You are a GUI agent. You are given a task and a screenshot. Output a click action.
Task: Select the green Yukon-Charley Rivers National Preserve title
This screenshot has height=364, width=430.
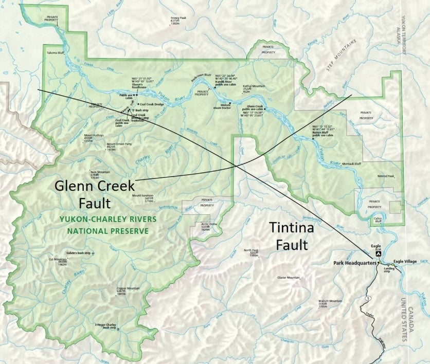[107, 225]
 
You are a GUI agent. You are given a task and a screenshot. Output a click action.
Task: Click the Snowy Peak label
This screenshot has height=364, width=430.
[178, 19]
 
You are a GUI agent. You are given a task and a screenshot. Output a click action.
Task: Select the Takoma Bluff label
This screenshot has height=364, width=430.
[56, 53]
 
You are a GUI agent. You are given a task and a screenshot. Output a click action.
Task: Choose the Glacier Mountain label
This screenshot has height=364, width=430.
[288, 278]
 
